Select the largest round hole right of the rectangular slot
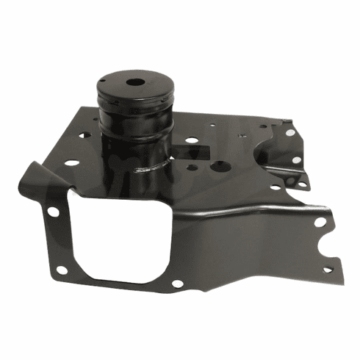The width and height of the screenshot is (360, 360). pyautogui.click(x=218, y=166)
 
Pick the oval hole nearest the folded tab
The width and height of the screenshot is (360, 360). pyautogui.click(x=72, y=163)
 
